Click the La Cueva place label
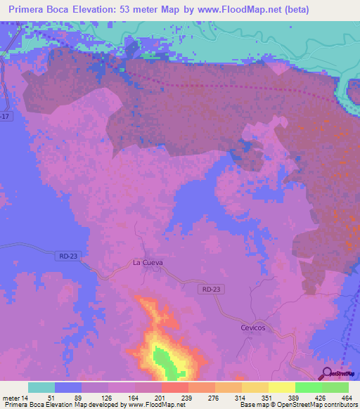coord(148,262)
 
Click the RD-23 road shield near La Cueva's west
coord(65,258)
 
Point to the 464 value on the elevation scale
coord(347,398)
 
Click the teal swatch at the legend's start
coord(41,387)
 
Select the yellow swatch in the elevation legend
coord(281,387)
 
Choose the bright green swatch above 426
coord(308,387)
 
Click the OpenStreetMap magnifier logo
coord(326,373)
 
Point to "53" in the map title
coord(132,11)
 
